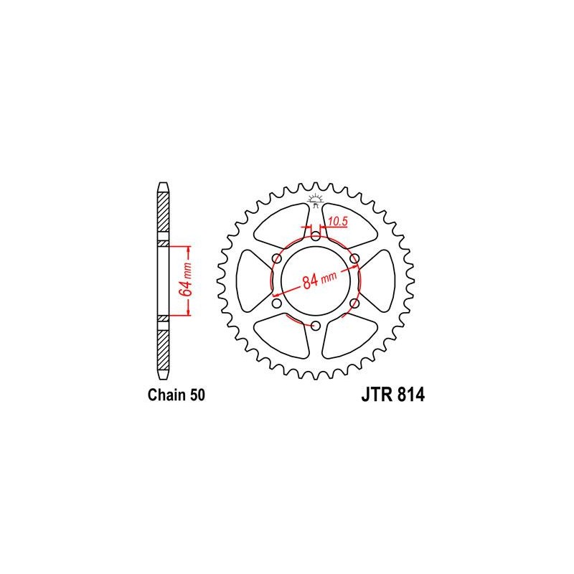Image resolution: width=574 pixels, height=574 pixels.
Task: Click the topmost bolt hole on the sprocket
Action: coord(315,234)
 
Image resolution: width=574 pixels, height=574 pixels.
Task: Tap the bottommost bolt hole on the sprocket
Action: coord(315,326)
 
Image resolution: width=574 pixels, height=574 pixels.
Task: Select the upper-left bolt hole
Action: coord(276,257)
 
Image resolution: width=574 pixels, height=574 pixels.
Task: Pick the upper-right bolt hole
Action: coord(354,257)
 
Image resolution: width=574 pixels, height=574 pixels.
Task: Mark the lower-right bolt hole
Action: coord(354,304)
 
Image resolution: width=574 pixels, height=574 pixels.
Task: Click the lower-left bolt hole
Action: coord(276,304)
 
